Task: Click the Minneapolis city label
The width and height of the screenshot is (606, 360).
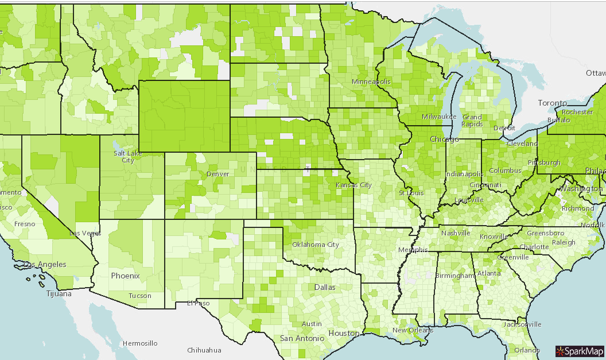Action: pyautogui.click(x=371, y=82)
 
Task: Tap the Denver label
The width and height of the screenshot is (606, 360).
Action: pyautogui.click(x=217, y=174)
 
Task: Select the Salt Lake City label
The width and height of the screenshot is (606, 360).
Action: pyautogui.click(x=124, y=157)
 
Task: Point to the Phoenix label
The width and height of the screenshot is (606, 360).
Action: pyautogui.click(x=125, y=276)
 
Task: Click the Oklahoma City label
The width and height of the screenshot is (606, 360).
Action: pyautogui.click(x=316, y=244)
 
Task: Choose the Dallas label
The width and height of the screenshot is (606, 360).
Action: pyautogui.click(x=325, y=287)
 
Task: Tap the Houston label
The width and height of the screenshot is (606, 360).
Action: pyautogui.click(x=344, y=333)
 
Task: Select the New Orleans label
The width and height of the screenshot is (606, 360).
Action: pyautogui.click(x=413, y=330)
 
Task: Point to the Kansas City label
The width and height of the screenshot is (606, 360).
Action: pyautogui.click(x=353, y=185)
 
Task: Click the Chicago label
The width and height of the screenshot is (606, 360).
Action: pyautogui.click(x=444, y=140)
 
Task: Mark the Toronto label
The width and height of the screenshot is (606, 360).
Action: pyautogui.click(x=552, y=103)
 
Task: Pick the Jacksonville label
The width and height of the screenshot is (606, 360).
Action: pyautogui.click(x=522, y=324)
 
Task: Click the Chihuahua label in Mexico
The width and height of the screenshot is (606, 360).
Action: pyautogui.click(x=204, y=350)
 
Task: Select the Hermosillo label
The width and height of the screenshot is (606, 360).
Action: pyautogui.click(x=140, y=343)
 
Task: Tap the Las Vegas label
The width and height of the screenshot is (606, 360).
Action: pyautogui.click(x=86, y=233)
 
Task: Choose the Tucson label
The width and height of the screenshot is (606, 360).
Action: pyautogui.click(x=140, y=296)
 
